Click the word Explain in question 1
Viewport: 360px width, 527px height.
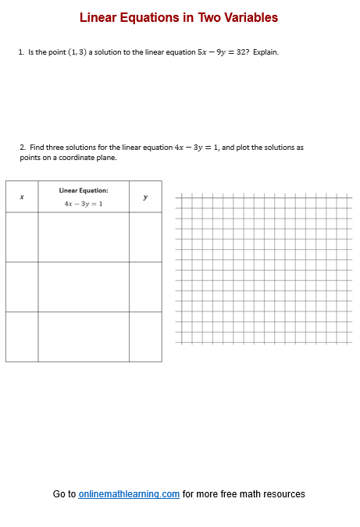(266, 52)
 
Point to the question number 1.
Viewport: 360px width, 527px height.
(21, 52)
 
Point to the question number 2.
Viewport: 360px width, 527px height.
(23, 147)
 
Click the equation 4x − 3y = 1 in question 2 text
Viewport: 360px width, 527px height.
(197, 147)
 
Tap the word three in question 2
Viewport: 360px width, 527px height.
(52, 147)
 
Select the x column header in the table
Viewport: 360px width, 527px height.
(22, 197)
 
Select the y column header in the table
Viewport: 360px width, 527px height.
(145, 197)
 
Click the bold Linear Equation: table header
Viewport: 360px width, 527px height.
(84, 190)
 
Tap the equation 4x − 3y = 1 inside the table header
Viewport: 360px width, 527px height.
(84, 204)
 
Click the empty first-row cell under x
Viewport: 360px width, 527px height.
(22, 237)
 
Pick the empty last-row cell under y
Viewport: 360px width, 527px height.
(145, 336)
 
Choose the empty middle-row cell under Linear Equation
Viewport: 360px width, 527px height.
(84, 287)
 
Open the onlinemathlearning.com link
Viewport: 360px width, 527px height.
(129, 494)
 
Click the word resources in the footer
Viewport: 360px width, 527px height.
(283, 494)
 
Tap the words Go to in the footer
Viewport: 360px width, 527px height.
(64, 494)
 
